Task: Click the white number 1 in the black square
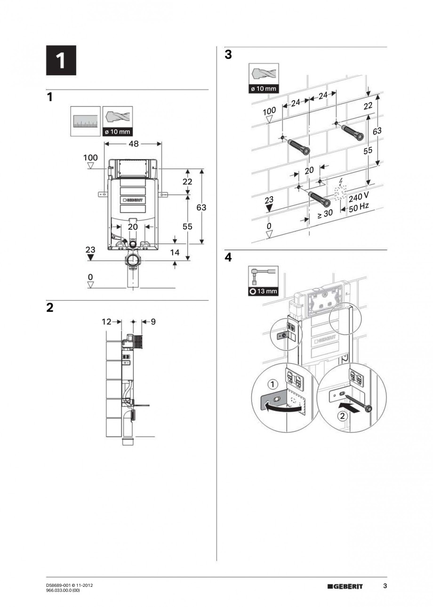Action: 61,61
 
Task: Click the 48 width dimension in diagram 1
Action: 134,144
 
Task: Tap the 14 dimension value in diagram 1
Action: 175,253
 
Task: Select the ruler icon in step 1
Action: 85,121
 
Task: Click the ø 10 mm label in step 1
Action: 117,131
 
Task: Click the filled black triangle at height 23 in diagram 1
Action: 90,257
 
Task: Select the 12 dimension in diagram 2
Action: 106,322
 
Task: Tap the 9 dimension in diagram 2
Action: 153,322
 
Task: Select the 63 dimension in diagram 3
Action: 377,132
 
